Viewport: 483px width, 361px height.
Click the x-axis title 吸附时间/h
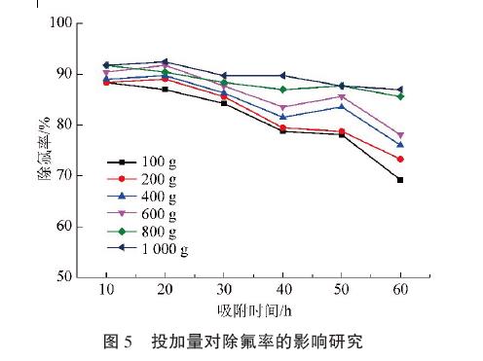pos(252,311)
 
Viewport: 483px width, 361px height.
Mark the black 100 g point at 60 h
pos(400,180)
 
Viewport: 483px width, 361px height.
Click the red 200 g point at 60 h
pos(400,159)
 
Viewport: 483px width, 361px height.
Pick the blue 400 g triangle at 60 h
pos(400,145)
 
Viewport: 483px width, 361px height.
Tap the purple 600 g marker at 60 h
pos(400,135)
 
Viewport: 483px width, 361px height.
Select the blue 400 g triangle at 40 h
pos(282,117)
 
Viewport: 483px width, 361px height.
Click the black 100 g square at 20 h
pos(166,90)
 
